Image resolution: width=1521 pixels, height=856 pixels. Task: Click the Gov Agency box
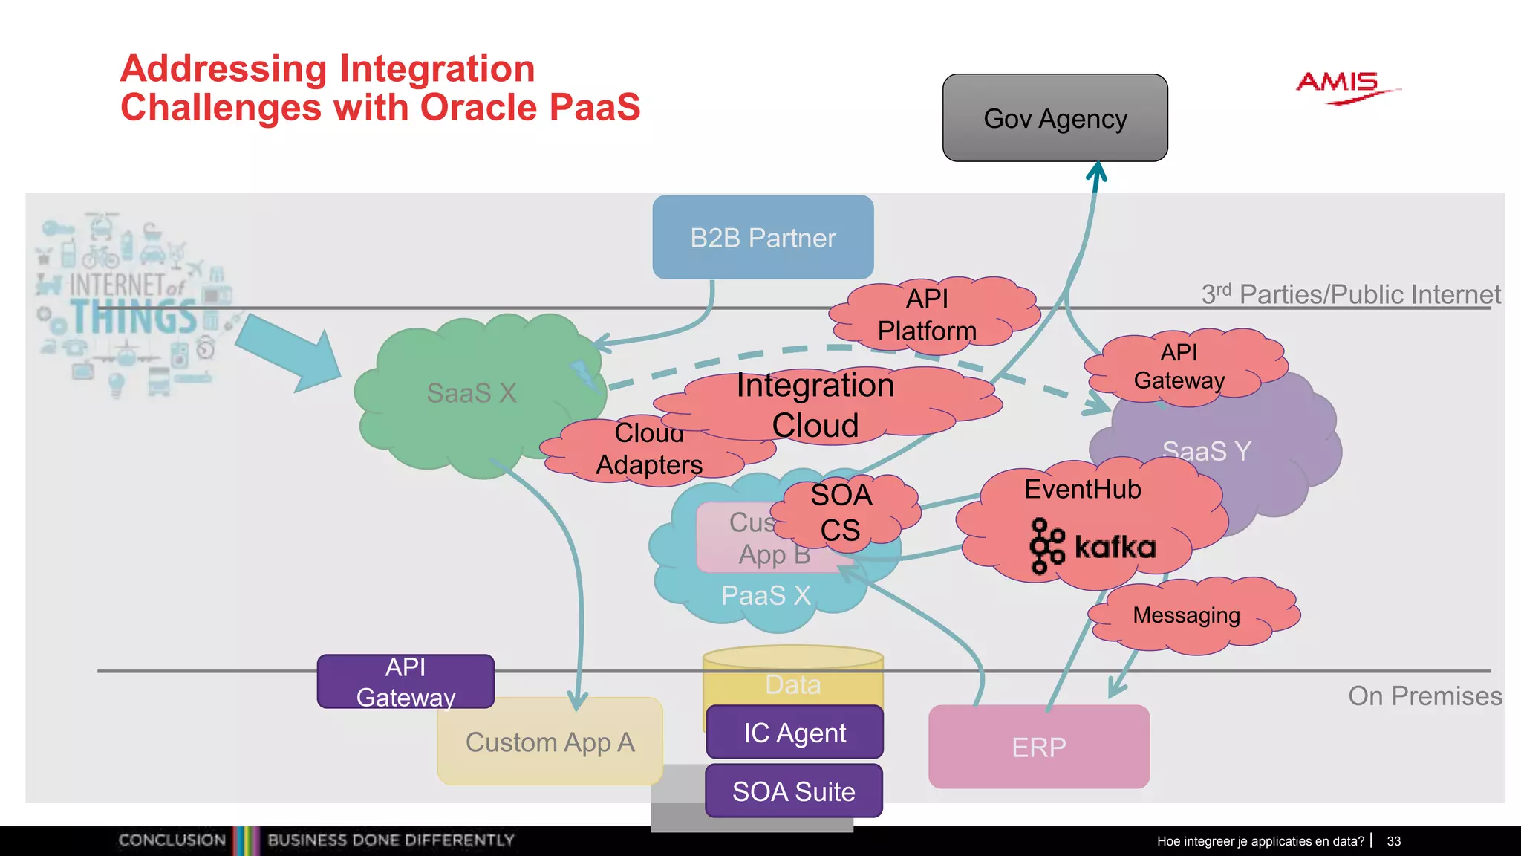coord(1055,118)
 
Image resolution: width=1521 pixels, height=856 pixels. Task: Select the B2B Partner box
coord(763,238)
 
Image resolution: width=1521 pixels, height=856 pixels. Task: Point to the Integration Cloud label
coord(815,405)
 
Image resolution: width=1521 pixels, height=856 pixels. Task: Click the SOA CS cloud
coord(841,513)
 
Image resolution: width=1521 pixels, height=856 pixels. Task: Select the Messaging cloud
coord(1187,615)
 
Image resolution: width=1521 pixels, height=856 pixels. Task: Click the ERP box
coord(1038,747)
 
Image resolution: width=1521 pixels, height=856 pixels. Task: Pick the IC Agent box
coord(795,733)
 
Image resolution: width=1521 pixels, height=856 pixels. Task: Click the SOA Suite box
coord(793,791)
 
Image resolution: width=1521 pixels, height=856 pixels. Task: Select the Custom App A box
coord(550,743)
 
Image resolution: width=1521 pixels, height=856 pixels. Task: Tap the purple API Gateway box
coord(406,681)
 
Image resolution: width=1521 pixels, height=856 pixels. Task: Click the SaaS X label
coord(471,393)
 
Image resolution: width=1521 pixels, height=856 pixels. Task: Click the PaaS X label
coord(765,596)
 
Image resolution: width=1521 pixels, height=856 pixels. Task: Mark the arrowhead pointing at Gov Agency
coord(1097,172)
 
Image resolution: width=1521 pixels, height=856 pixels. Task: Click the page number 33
coord(1393,841)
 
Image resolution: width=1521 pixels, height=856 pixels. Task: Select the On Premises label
coord(1424,696)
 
